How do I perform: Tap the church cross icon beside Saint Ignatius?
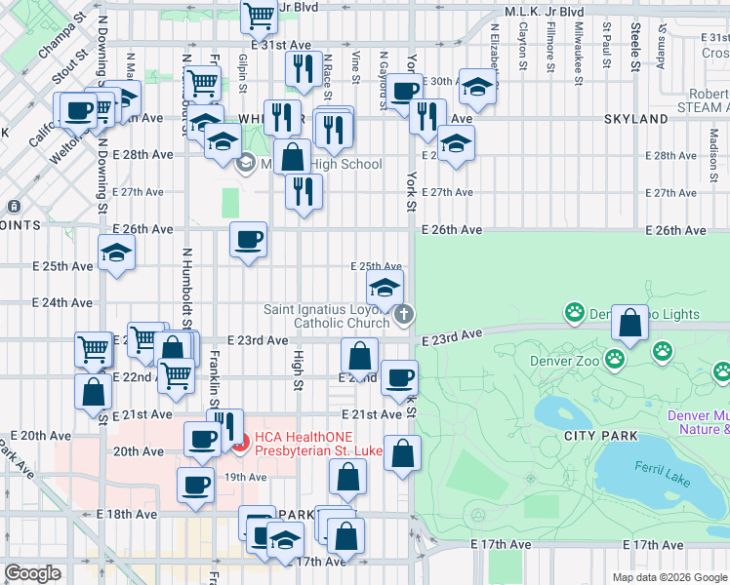pyautogui.click(x=404, y=314)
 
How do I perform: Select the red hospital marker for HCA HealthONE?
pyautogui.click(x=245, y=440)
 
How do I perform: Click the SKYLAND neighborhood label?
pyautogui.click(x=633, y=119)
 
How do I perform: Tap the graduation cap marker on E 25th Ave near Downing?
pyautogui.click(x=117, y=253)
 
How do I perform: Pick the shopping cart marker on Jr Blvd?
pyautogui.click(x=259, y=15)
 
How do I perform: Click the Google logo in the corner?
pyautogui.click(x=32, y=573)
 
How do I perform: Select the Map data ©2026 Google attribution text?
pyautogui.click(x=669, y=577)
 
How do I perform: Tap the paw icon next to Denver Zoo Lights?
pyautogui.click(x=575, y=313)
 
